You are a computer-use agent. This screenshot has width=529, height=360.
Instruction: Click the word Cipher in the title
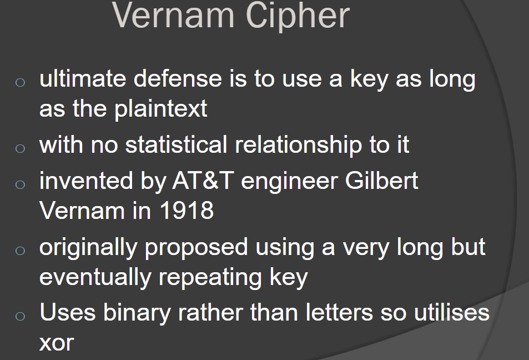(x=298, y=16)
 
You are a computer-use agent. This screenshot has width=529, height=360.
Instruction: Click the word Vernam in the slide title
(x=173, y=15)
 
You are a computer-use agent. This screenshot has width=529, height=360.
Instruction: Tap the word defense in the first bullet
(x=178, y=78)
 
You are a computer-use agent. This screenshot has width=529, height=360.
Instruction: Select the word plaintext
(x=160, y=109)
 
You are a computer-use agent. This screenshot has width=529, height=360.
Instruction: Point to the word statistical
(x=176, y=145)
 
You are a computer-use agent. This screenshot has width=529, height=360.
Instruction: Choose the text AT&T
(x=203, y=181)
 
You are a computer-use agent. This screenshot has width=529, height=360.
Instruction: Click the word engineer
(x=289, y=182)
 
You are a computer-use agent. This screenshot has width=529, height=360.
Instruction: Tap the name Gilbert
(x=381, y=181)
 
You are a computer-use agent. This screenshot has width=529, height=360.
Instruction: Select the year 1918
(x=186, y=211)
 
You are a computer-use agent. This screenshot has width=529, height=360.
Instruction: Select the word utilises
(x=452, y=312)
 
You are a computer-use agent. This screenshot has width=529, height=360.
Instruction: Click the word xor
(x=57, y=343)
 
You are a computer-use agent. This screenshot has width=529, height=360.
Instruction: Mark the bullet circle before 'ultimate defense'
(x=20, y=82)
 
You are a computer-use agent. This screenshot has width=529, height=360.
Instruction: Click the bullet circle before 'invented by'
(x=20, y=184)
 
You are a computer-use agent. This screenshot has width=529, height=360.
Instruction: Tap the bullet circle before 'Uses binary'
(x=20, y=316)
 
